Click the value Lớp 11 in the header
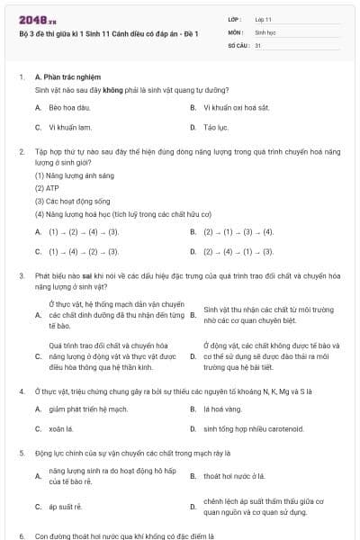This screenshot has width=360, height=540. click(x=264, y=18)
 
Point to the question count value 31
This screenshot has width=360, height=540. click(x=258, y=44)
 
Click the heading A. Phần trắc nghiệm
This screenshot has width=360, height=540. click(x=67, y=77)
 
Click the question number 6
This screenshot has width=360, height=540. click(x=21, y=535)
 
